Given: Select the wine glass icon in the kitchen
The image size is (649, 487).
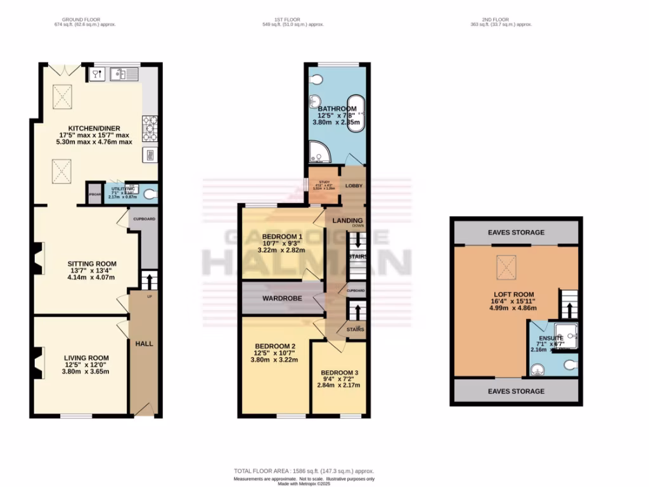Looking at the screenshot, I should tap(95, 75).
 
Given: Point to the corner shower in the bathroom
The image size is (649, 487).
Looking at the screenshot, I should tap(318, 150).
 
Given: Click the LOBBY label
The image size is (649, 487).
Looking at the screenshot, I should tap(353, 186).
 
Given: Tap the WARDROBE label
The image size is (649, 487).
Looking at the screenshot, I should tap(283, 297).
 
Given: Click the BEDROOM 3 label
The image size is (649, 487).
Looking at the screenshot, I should tap(339, 372).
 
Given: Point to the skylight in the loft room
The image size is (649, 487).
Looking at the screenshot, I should tap(506, 264).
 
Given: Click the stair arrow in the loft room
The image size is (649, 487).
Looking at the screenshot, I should tap(569, 309).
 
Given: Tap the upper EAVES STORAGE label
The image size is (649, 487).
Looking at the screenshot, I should tap(515, 233).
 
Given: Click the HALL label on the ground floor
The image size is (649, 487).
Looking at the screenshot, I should tap(144, 344).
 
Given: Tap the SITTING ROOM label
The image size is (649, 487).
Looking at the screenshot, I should tap(92, 263).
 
